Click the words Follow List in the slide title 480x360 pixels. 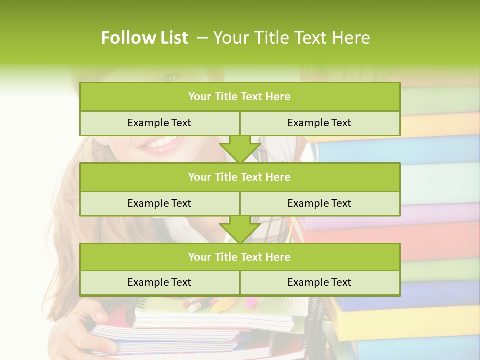tap(145, 38)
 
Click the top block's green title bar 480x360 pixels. tap(240, 97)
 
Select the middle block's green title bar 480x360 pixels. tap(240, 177)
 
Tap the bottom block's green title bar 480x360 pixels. tap(240, 257)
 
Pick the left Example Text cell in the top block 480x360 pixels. tap(159, 123)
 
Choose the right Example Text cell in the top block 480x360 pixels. tap(319, 123)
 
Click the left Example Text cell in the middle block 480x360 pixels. tap(159, 203)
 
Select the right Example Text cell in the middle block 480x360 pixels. tap(319, 203)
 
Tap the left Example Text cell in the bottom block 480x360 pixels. tap(159, 282)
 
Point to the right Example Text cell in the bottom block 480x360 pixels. tap(319, 282)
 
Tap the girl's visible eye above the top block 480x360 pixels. tap(170, 78)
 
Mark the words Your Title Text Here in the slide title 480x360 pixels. tap(291, 38)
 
